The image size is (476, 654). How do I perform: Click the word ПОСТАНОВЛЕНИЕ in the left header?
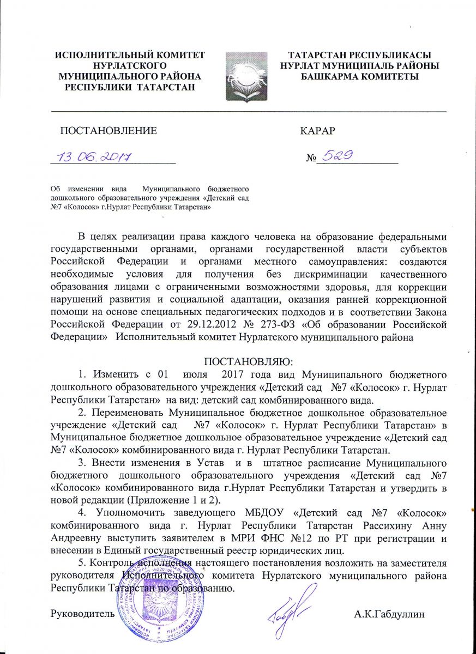point(108,131)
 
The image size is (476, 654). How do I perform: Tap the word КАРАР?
point(317,131)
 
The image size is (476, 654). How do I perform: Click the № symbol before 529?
point(311,159)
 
